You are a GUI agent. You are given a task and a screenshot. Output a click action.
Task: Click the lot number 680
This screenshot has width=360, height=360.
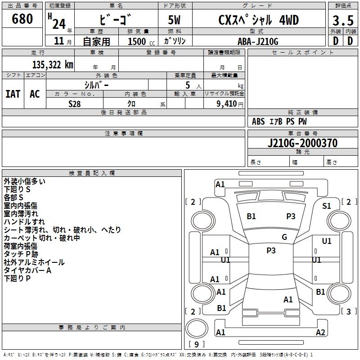click(23, 19)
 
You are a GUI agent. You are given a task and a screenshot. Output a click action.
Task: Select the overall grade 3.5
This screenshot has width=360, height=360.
click(342, 21)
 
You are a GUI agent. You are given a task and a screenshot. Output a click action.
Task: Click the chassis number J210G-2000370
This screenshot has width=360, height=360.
click(302, 144)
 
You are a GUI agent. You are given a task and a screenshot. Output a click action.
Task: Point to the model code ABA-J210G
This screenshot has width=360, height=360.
click(258, 41)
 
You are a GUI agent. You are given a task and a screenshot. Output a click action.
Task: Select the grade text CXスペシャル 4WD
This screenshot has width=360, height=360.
click(258, 20)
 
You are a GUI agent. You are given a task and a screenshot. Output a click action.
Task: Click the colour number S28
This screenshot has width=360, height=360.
click(75, 104)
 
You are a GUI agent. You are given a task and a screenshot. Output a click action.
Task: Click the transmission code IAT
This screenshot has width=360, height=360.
click(13, 94)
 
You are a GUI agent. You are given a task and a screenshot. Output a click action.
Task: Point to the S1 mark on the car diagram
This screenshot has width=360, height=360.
click(327, 206)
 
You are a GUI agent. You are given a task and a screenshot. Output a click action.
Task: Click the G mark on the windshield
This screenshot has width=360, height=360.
click(284, 237)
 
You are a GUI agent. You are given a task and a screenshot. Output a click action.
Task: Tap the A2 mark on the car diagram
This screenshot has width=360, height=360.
click(320, 333)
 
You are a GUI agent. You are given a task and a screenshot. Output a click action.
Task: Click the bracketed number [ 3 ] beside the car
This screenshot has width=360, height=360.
click(349, 311)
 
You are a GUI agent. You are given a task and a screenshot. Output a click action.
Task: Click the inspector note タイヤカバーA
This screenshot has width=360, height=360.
click(27, 270)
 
